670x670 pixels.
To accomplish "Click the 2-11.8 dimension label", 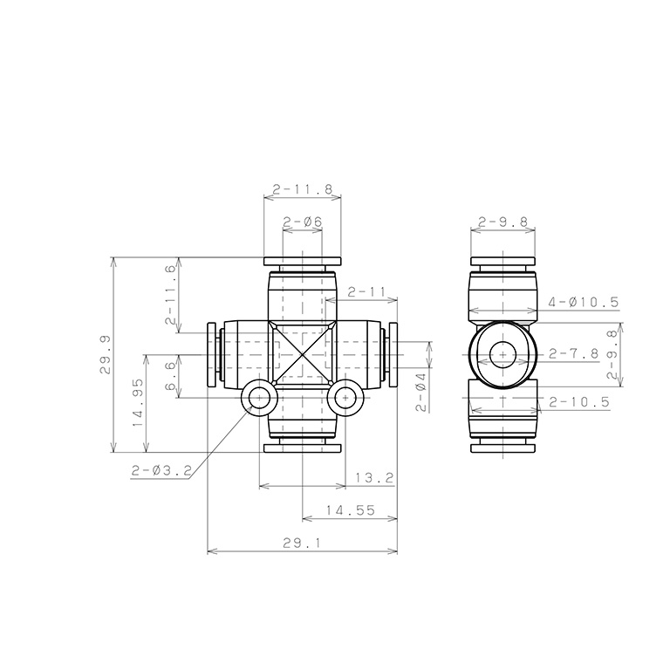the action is pos(303,189).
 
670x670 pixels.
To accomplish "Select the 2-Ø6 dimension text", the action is pos(303,222).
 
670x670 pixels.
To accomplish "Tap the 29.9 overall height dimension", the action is pos(105,355).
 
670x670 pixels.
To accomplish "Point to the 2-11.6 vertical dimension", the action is pos(170,295).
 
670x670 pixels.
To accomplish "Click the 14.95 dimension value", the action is pos(138,403).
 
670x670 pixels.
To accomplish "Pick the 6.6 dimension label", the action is pos(170,377).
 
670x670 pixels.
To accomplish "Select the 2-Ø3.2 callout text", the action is pos(161,470).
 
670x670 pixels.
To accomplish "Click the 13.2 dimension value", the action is pos(374,478).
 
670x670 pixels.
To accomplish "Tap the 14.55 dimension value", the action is pos(351,510).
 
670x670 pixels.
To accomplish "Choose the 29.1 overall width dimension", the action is pos(302,543).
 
